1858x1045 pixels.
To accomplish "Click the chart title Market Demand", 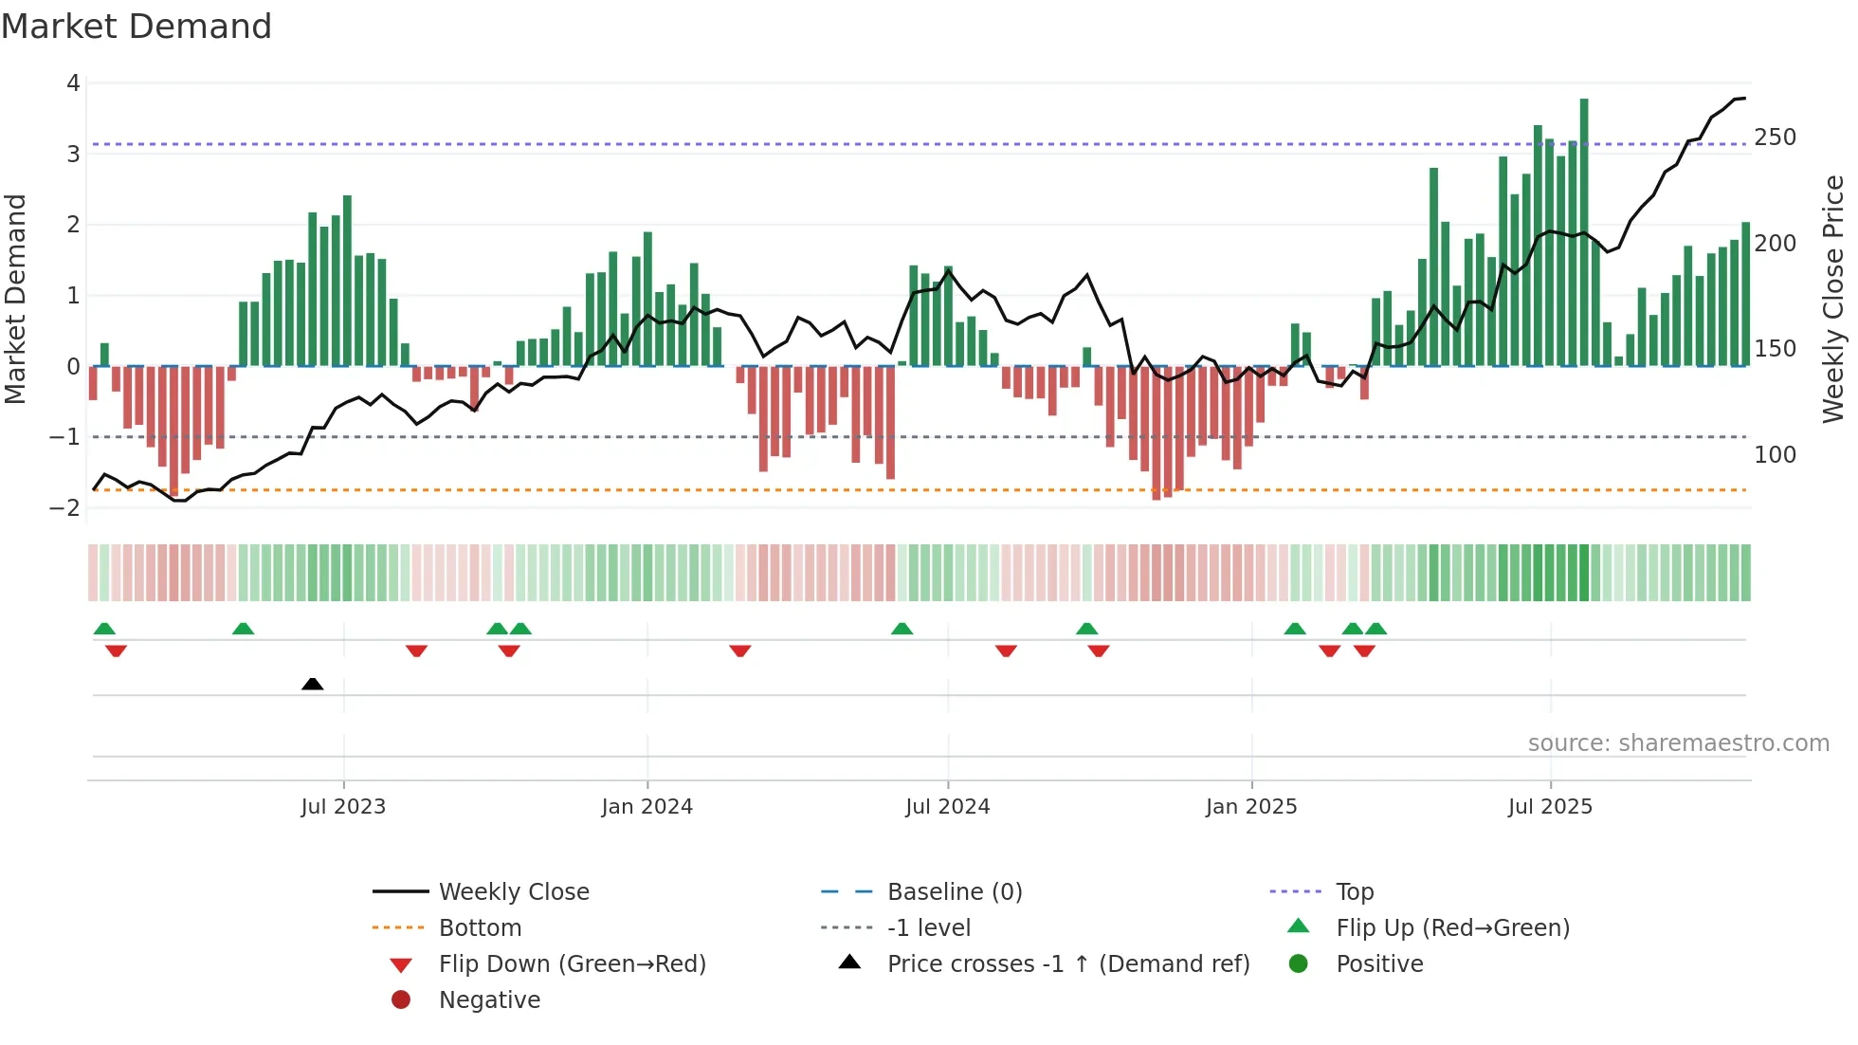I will coord(137,27).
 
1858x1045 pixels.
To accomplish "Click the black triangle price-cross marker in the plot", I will coord(312,684).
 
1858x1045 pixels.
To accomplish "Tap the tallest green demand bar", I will coord(1584,232).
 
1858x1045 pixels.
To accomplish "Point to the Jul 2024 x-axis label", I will coord(947,807).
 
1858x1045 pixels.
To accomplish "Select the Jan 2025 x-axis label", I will coord(1251,807).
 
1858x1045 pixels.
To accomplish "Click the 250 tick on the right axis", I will coord(1775,137).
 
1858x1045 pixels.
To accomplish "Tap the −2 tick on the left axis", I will coord(65,507).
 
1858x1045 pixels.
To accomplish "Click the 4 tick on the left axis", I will coord(73,83).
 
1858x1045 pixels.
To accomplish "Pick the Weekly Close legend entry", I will coord(513,892).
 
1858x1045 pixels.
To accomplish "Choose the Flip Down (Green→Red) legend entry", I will coord(572,964).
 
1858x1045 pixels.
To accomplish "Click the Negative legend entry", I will coord(489,1000).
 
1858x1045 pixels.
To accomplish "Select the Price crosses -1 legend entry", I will coord(1067,964).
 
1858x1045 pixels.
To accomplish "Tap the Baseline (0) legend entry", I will coord(954,892).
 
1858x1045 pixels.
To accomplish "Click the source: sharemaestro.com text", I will coord(1678,743).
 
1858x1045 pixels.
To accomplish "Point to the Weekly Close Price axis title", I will coord(1833,299).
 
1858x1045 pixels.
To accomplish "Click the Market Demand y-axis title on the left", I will coord(15,299).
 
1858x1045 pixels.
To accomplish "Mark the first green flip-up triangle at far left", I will coord(104,629).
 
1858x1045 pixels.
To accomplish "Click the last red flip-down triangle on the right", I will coord(1364,651).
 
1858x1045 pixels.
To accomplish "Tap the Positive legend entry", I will coord(1378,964).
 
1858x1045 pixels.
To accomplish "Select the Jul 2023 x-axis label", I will coord(343,807).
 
